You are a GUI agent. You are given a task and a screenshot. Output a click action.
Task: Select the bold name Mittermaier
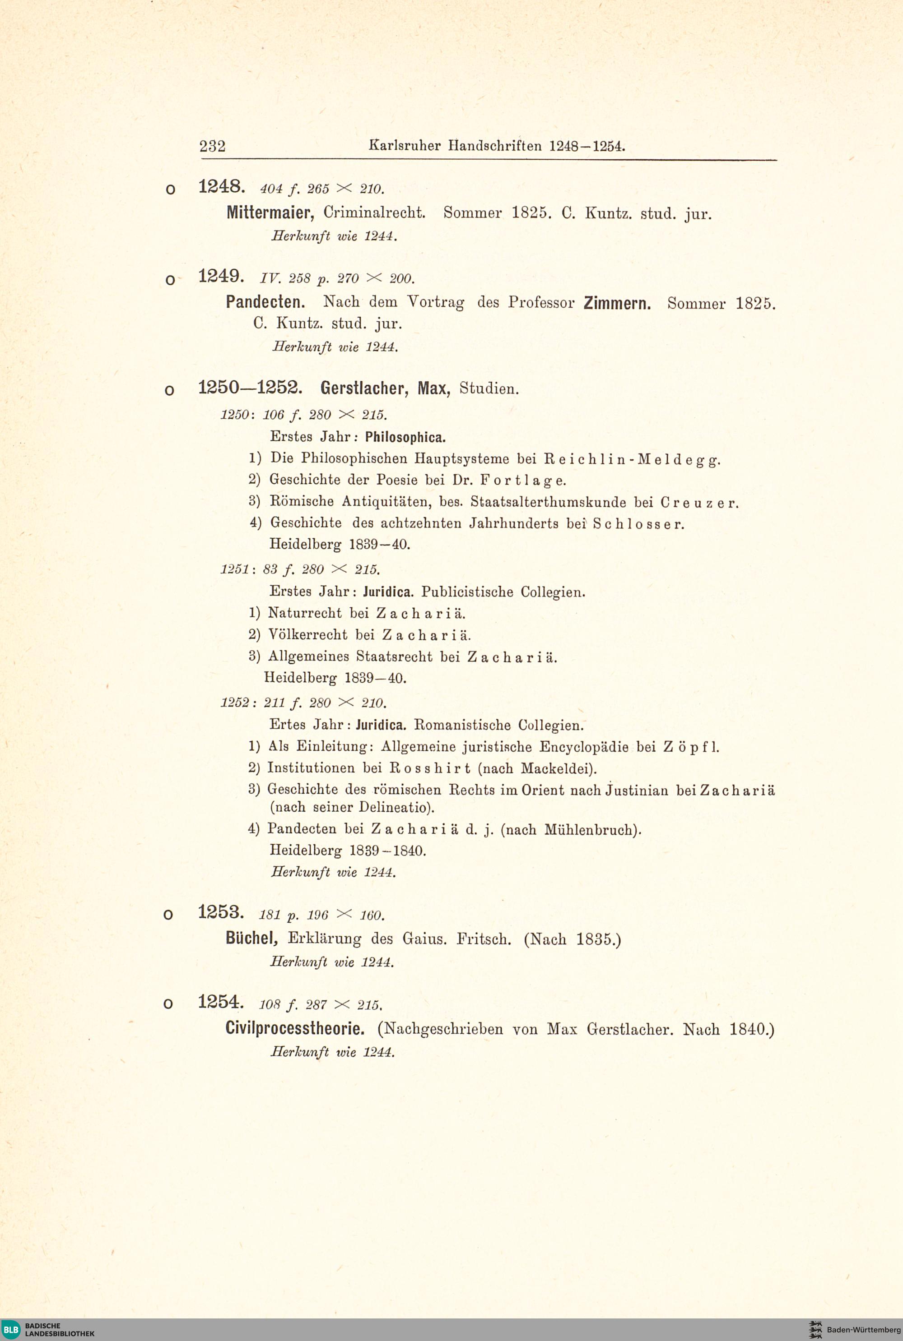tap(270, 213)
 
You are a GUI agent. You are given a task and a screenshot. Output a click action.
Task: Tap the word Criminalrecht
tap(374, 213)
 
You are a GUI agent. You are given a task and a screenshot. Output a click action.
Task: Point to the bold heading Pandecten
tap(265, 302)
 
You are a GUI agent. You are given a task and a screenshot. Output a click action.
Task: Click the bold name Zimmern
tap(617, 303)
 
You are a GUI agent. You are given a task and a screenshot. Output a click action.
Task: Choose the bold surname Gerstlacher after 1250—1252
tap(364, 388)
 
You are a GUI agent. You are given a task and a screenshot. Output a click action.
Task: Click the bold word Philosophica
tap(405, 437)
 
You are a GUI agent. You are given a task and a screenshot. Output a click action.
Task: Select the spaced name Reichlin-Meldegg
tap(632, 459)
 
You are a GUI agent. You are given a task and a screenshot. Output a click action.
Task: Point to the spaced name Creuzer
tap(698, 503)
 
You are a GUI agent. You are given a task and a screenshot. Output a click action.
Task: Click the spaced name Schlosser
tap(638, 524)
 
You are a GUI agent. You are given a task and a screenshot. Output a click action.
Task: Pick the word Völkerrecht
tap(308, 635)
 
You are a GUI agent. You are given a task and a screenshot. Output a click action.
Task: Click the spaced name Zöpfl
tap(691, 747)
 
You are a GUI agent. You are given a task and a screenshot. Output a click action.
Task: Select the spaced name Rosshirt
tap(430, 768)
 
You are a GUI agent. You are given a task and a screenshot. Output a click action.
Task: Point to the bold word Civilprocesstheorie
tap(295, 1028)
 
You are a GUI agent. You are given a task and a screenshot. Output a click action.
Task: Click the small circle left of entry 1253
tap(168, 915)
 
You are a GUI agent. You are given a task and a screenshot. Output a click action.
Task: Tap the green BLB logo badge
tap(11, 1329)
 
